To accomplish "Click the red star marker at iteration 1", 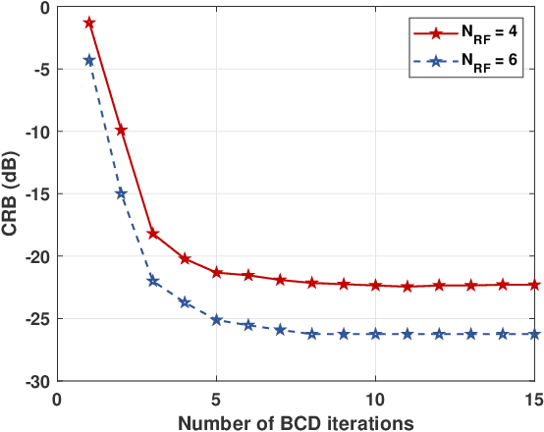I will (x=89, y=22).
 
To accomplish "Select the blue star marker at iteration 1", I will (x=89, y=60).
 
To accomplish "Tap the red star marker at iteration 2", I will (x=121, y=130).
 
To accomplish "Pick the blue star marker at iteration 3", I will (x=153, y=281).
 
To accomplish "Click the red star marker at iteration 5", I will (x=217, y=272).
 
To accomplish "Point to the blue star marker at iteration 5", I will (x=217, y=320).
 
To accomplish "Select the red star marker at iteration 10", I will (x=375, y=285).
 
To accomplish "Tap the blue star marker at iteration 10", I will (x=375, y=334).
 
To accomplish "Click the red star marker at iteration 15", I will (x=534, y=285).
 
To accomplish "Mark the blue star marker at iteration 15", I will (x=534, y=334).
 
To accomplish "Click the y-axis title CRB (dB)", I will (x=12, y=193).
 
